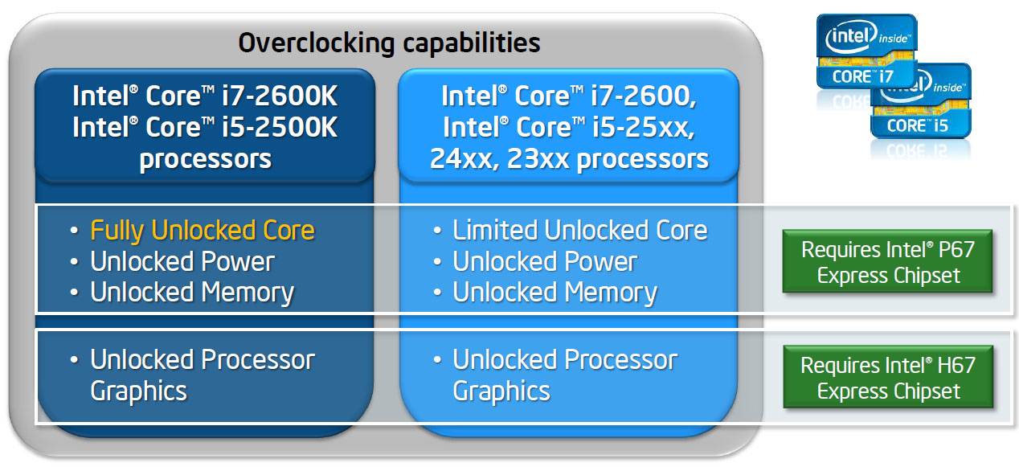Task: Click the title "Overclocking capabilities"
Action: pos(389,42)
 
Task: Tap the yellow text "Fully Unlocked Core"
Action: pos(202,231)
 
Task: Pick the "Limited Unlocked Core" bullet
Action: pos(579,231)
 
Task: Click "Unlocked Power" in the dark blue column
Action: pos(182,261)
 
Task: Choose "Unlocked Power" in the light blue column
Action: pos(544,261)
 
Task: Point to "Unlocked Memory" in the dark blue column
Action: pos(191,293)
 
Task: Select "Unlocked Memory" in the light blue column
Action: pos(555,293)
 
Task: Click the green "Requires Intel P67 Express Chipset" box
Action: pos(888,262)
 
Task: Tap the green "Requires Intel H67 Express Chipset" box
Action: pos(888,379)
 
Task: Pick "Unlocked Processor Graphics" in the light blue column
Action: pos(564,375)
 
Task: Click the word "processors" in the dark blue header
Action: pos(205,158)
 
